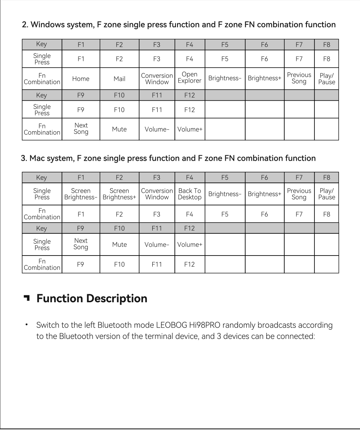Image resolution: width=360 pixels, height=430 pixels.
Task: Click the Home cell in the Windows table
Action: pyautogui.click(x=81, y=79)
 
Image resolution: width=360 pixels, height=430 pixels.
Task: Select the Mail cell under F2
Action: pyautogui.click(x=119, y=79)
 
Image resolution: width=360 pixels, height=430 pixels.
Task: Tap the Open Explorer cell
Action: pyautogui.click(x=189, y=78)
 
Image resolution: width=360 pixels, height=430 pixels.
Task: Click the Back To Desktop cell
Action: pyautogui.click(x=189, y=194)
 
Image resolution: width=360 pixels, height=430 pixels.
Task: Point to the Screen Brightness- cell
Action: pyautogui.click(x=81, y=194)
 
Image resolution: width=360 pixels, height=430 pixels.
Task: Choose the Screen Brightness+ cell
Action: pyautogui.click(x=119, y=194)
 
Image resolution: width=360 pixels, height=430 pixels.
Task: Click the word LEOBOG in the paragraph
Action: pyautogui.click(x=170, y=326)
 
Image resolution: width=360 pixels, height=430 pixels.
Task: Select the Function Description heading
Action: pyautogui.click(x=92, y=298)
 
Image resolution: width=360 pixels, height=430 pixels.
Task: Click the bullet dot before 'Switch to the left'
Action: pyautogui.click(x=27, y=325)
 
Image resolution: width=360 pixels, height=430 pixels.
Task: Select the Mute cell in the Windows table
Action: pyautogui.click(x=119, y=129)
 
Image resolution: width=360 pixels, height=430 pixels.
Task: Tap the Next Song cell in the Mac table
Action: pyautogui.click(x=81, y=244)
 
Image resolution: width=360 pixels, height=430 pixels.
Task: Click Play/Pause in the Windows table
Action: pyautogui.click(x=326, y=78)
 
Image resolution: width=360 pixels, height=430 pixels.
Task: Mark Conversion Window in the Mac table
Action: pyautogui.click(x=157, y=194)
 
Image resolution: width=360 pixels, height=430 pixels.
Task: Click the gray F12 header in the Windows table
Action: pyautogui.click(x=189, y=95)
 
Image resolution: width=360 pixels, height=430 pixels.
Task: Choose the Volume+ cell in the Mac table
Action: pyautogui.click(x=189, y=244)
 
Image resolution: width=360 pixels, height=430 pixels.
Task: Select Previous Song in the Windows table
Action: pyautogui.click(x=299, y=78)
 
